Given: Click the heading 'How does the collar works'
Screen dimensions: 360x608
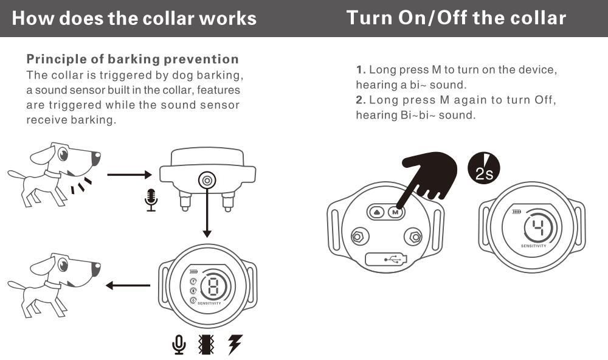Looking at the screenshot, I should coord(134,18).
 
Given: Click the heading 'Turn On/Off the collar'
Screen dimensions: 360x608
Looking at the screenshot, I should coord(456,18).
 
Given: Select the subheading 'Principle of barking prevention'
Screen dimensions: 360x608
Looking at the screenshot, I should coord(133,59).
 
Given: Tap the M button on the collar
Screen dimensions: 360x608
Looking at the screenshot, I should coord(395,212).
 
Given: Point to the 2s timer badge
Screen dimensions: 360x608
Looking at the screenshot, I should coord(484,168).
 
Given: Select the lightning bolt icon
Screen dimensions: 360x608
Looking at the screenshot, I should coord(234,344).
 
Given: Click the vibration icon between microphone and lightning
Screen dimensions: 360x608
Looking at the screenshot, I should coord(207,344).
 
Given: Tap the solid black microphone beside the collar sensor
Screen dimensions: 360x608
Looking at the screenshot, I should coord(151,199).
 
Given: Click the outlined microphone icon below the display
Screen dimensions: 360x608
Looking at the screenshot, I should coord(179,344).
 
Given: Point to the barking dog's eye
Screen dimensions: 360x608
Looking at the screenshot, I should coord(63,154).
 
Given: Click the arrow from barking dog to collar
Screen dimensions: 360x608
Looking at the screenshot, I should coord(129,175).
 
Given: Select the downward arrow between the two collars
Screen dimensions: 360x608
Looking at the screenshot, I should coord(207,213).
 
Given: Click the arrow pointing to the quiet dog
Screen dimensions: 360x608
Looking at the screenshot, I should coord(128,285).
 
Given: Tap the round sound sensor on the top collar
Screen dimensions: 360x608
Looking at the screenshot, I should coord(207,180).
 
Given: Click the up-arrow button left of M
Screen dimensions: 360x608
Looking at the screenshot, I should coord(377,212).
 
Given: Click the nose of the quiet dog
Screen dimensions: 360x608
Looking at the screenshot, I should coord(96,266).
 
